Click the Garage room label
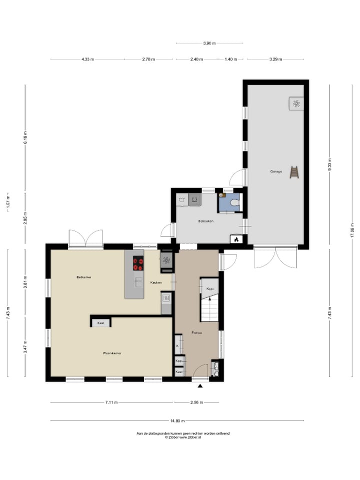coord(276,171)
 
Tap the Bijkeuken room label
coord(205,220)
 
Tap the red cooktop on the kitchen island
coord(138,263)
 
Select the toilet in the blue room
coord(235,203)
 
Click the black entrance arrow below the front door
coord(200,386)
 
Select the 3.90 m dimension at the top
coord(210,43)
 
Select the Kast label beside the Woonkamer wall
coord(100,323)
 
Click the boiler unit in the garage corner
coord(296,103)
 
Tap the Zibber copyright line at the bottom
coord(183,437)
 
